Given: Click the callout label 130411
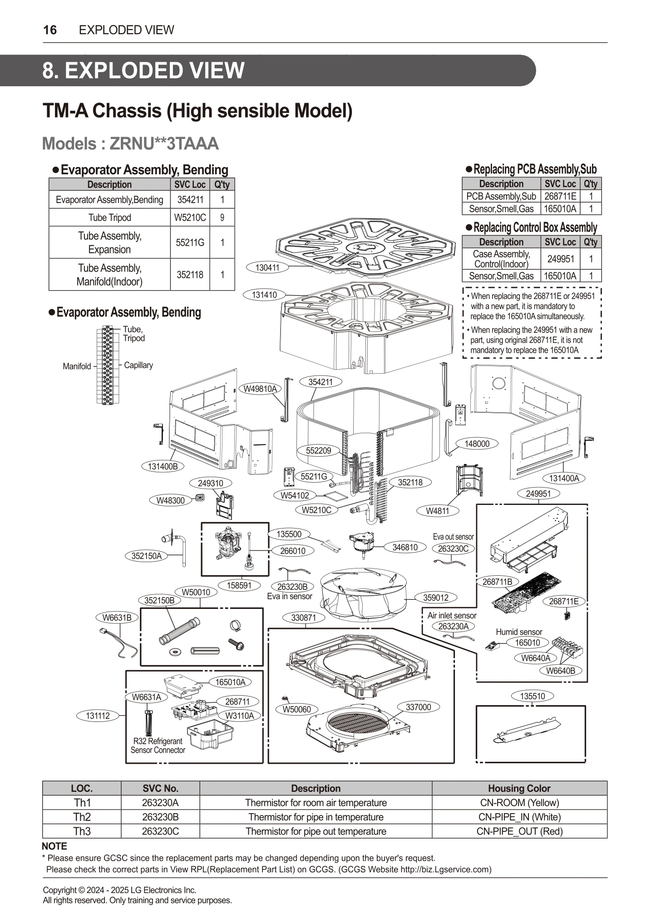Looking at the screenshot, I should click(x=267, y=267).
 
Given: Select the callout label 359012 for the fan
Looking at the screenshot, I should click(x=435, y=598).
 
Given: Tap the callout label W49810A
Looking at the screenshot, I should click(x=260, y=389).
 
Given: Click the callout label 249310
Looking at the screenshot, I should click(x=211, y=484).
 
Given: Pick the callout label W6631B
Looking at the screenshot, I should click(x=117, y=618).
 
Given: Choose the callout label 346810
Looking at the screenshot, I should click(x=404, y=547).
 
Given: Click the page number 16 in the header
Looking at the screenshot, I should click(x=50, y=30).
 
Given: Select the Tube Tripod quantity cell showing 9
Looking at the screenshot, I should click(x=222, y=217).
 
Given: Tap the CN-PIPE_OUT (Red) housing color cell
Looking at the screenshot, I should click(x=519, y=831).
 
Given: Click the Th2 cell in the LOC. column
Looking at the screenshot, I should click(x=82, y=817).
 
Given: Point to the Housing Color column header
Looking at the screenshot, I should click(x=519, y=788).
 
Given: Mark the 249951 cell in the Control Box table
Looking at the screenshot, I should click(x=560, y=259).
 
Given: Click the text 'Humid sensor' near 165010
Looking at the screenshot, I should click(x=518, y=632).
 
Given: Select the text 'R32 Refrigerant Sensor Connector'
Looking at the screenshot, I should click(x=158, y=746).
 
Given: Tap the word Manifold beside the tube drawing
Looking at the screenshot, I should click(x=77, y=366).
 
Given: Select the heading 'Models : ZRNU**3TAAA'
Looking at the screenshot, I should click(x=130, y=143).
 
